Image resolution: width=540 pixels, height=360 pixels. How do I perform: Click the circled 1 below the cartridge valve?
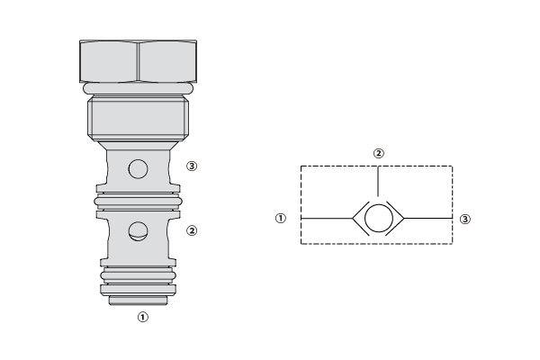coord(143,317)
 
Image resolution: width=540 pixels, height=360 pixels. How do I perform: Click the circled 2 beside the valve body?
coord(192,230)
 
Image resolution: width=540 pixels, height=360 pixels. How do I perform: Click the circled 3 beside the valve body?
coord(192,166)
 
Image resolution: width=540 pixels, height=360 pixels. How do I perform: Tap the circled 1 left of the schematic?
coord(281,218)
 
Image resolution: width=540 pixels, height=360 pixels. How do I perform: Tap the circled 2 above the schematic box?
coord(379,153)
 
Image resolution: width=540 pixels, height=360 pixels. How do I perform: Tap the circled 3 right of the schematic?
coord(465,219)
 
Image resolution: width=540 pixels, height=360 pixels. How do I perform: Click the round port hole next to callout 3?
coord(138,169)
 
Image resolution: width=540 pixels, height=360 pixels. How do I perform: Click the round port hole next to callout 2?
coord(138,231)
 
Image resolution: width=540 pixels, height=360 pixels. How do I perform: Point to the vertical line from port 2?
coord(379,181)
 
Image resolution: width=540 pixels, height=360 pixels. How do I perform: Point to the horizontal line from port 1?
coord(327,218)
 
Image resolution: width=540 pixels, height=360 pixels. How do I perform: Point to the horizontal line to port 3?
coord(428,218)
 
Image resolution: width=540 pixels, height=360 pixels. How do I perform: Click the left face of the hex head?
coord(109,61)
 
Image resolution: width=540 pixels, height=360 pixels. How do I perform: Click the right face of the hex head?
coord(167,61)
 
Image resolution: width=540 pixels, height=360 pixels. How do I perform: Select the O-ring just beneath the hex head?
coord(138,88)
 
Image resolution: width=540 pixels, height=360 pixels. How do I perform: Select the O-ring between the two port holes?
coord(138,202)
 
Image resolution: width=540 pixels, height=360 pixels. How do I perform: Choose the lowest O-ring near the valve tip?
coord(138,275)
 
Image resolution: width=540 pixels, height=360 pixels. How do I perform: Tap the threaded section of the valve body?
coord(138,118)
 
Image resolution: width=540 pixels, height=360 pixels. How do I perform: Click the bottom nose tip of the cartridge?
coord(138,300)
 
